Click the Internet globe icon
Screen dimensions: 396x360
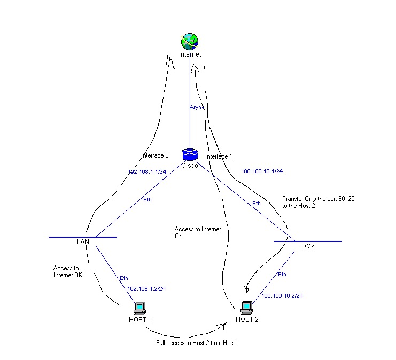click(190, 42)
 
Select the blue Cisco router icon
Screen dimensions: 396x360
click(190, 154)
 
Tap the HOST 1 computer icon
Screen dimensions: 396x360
click(139, 308)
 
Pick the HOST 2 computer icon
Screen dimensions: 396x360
click(246, 308)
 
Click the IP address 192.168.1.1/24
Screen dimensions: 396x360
click(147, 171)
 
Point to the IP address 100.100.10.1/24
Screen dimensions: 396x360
click(262, 171)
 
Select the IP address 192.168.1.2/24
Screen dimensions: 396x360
click(146, 288)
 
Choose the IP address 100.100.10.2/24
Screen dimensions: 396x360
click(282, 295)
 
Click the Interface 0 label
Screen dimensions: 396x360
click(155, 155)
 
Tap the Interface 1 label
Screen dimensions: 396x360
click(219, 156)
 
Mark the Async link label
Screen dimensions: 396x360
click(197, 107)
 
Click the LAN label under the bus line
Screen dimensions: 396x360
click(83, 242)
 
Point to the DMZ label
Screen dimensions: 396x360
click(308, 246)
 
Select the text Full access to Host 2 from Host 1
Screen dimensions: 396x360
click(198, 343)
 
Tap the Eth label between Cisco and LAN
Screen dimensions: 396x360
click(147, 200)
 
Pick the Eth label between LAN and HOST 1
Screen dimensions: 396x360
click(124, 278)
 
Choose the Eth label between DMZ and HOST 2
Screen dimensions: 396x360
click(282, 275)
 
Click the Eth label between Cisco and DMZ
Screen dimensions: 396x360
click(257, 204)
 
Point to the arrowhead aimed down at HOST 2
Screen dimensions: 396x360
click(247, 289)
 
